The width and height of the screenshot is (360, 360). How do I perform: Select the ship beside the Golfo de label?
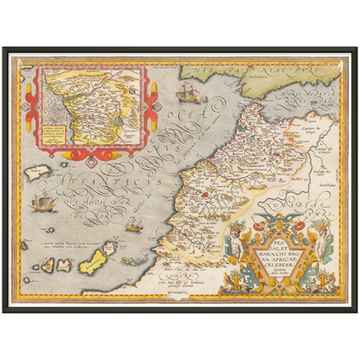(133, 225)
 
